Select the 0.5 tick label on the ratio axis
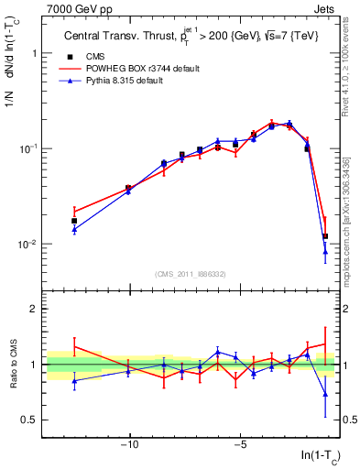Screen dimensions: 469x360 (32, 420)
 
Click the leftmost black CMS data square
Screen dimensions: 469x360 (74, 221)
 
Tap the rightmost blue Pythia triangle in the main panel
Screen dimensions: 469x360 (325, 252)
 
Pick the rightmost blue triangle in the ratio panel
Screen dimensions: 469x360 (325, 395)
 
